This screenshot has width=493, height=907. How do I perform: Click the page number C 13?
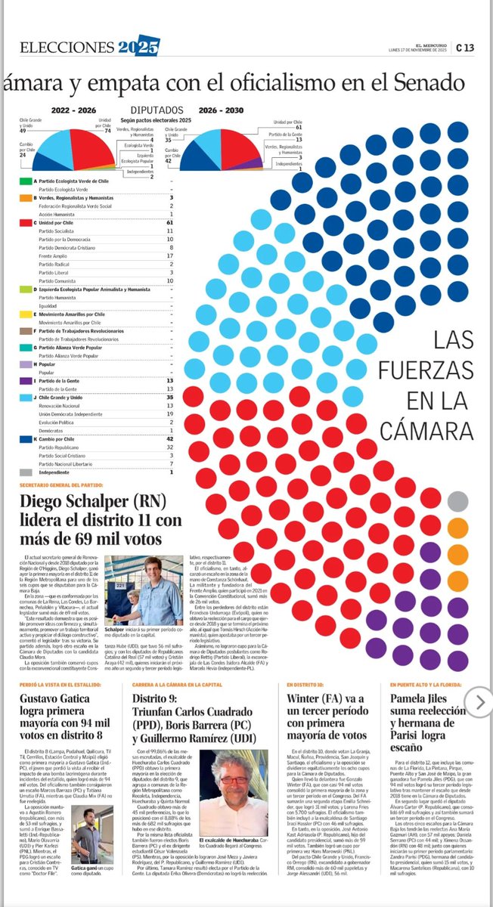tap(464, 48)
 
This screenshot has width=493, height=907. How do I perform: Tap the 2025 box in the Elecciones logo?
tap(138, 48)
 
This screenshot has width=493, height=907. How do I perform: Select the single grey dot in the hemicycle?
tap(457, 501)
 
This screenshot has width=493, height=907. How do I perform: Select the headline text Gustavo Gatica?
tap(57, 704)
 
